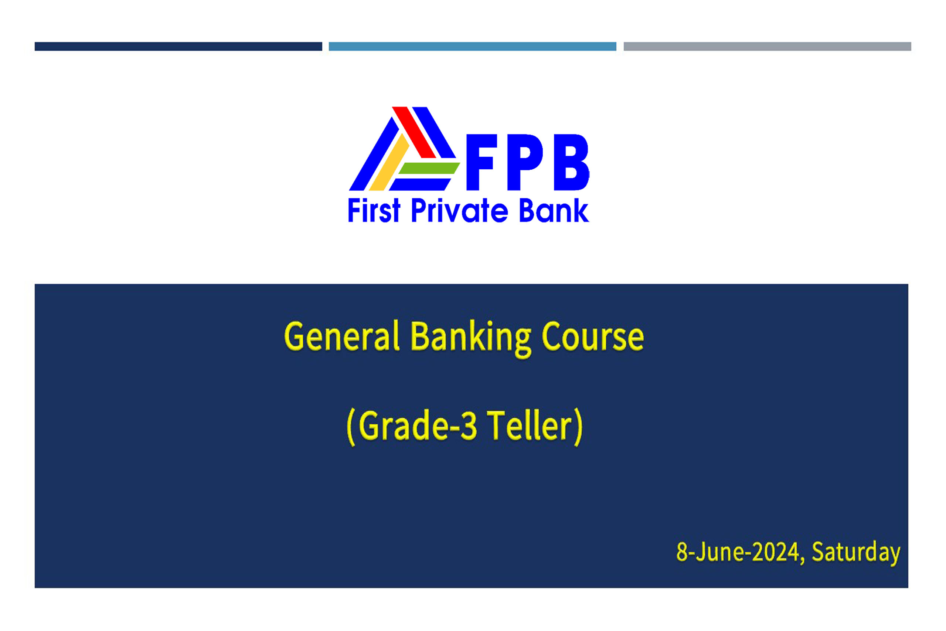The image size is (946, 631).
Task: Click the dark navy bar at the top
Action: (178, 46)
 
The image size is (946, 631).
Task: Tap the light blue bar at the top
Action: (472, 46)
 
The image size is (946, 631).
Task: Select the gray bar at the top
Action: (767, 46)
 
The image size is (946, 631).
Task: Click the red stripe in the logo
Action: (414, 132)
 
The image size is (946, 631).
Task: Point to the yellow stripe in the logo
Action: (389, 162)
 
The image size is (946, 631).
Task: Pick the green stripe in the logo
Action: (429, 168)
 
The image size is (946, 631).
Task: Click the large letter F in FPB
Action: (482, 162)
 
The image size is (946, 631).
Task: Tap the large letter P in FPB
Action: (525, 162)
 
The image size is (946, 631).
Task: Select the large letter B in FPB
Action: (571, 162)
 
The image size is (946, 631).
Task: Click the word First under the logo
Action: (374, 210)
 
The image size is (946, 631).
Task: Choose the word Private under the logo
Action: (460, 210)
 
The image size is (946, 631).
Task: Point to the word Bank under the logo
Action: (554, 210)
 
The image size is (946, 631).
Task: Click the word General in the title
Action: (342, 336)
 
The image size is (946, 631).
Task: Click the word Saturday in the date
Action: (856, 553)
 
